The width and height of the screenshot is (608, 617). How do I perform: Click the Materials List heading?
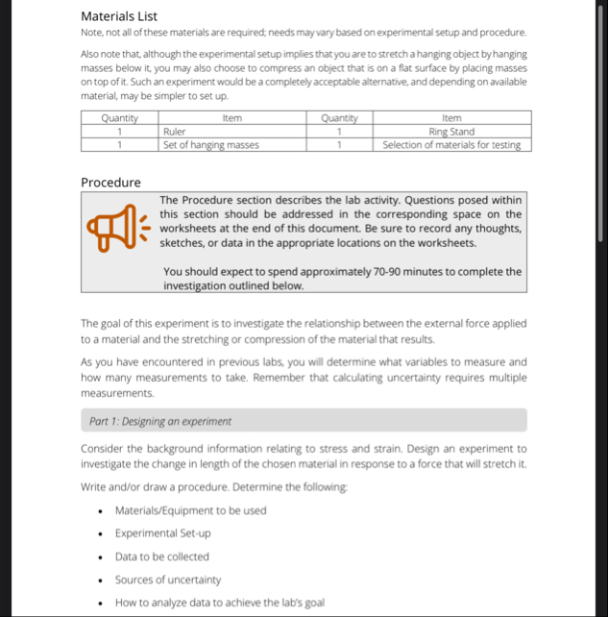click(x=119, y=15)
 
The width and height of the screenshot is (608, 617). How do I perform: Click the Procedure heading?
click(x=110, y=183)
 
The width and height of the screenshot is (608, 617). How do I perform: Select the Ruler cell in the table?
click(x=175, y=132)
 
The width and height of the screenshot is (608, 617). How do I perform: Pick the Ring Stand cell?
click(x=451, y=132)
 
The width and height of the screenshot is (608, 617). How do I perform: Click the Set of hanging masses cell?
click(x=210, y=145)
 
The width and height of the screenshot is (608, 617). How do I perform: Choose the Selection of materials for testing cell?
click(x=451, y=145)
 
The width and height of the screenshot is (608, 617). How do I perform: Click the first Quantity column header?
click(x=120, y=118)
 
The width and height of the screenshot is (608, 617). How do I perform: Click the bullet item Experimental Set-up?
click(x=162, y=533)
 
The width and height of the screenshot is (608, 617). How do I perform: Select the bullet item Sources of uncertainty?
click(x=167, y=580)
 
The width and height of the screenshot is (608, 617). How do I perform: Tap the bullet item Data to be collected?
click(x=161, y=556)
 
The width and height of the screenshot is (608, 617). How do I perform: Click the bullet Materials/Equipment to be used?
click(x=190, y=510)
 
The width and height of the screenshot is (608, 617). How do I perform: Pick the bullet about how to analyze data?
click(x=219, y=603)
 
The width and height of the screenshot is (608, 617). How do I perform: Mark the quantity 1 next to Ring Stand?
click(x=339, y=132)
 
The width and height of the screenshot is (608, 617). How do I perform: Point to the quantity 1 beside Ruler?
click(x=120, y=132)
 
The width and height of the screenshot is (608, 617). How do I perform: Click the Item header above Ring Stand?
click(x=451, y=118)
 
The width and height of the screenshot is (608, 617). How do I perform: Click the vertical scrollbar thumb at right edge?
click(x=601, y=125)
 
